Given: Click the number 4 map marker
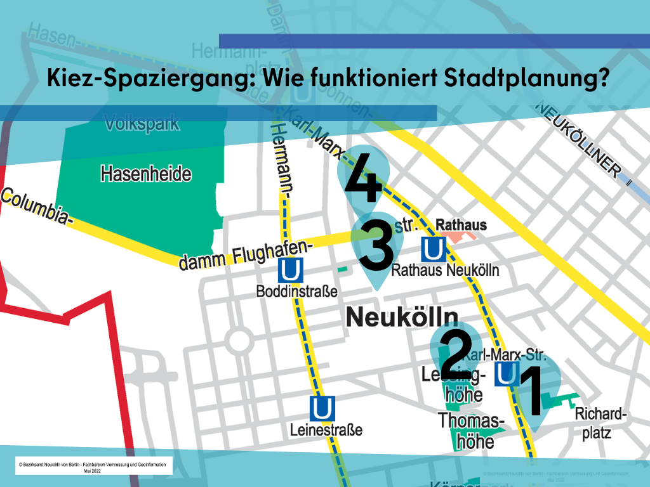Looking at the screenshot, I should (x=364, y=181).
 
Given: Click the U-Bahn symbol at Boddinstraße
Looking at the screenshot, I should (x=290, y=271).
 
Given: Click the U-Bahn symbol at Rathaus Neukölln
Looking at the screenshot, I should (x=433, y=249).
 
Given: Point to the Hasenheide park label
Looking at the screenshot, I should (x=145, y=173).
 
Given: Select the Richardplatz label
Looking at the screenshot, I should (x=600, y=424).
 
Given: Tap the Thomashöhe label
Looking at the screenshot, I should (x=471, y=431).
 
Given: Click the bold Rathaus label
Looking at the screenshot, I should (x=461, y=225).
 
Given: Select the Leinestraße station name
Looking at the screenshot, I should (x=326, y=430).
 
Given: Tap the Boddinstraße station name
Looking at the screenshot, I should (x=296, y=292).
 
